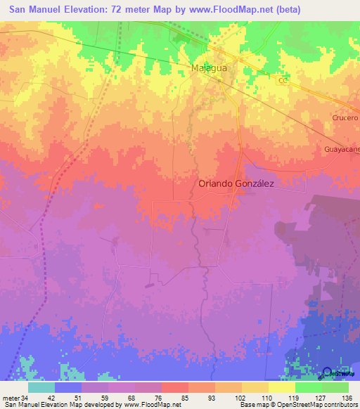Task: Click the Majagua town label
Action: [x=210, y=68]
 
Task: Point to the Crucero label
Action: [x=345, y=118]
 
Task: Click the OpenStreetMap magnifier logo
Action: [x=328, y=372]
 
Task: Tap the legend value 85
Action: [x=186, y=397]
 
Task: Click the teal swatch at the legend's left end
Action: [x=41, y=387]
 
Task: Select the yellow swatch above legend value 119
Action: [x=282, y=387]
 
